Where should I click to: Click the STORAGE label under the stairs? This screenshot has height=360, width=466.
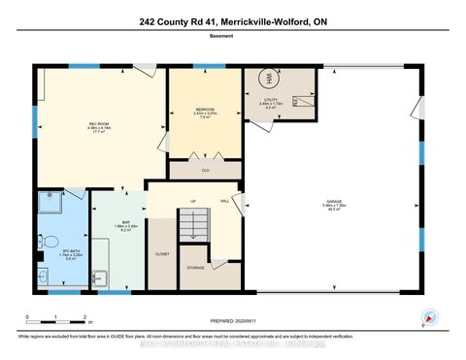point(195,267)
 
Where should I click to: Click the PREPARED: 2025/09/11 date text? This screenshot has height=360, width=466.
point(232,321)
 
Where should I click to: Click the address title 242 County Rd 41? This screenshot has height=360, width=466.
point(232,20)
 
